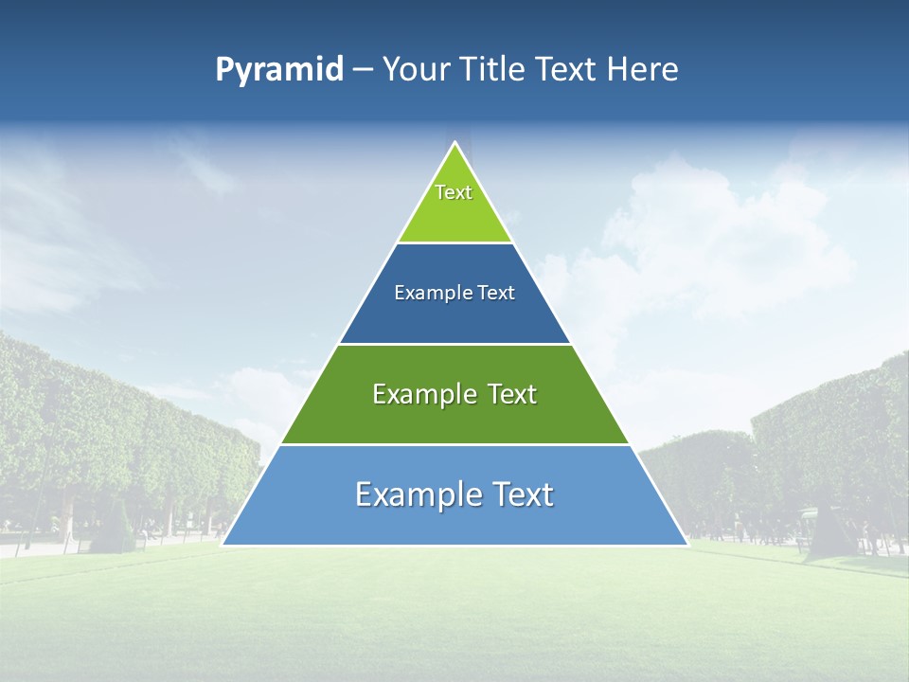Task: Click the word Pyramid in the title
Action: [x=279, y=70]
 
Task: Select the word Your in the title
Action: [x=416, y=70]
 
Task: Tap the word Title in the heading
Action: [x=491, y=70]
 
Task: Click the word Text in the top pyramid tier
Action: [x=454, y=192]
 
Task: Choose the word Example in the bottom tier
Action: [x=416, y=494]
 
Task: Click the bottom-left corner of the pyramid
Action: [x=223, y=545]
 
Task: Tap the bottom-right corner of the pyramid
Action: [x=687, y=545]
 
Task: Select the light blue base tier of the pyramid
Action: [x=454, y=526]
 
